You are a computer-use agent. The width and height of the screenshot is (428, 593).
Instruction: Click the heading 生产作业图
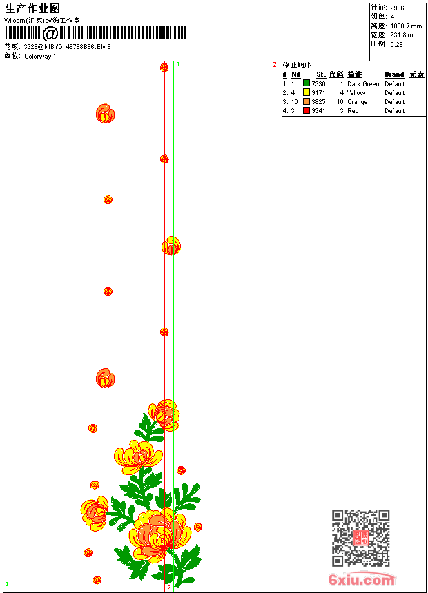click(x=32, y=9)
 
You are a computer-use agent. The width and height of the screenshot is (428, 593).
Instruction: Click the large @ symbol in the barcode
click(x=50, y=33)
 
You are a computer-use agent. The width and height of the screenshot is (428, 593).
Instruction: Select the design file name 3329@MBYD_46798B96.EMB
click(x=67, y=46)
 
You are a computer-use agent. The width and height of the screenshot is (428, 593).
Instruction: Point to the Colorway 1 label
click(x=40, y=56)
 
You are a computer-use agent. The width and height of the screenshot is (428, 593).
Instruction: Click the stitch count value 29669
click(x=398, y=8)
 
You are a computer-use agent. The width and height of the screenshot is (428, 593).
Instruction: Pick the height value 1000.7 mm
click(x=405, y=26)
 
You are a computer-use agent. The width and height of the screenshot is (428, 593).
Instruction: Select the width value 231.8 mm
click(x=404, y=34)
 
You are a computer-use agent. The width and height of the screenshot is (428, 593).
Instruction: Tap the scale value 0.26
click(x=396, y=43)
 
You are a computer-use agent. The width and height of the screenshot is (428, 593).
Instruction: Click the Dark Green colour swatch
click(x=307, y=83)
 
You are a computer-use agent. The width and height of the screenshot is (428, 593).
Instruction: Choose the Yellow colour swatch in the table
click(x=307, y=92)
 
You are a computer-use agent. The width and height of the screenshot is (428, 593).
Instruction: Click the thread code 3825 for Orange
click(x=318, y=101)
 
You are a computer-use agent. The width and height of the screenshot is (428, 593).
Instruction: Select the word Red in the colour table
click(x=353, y=110)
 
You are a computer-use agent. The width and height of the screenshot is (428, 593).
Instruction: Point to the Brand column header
click(x=394, y=74)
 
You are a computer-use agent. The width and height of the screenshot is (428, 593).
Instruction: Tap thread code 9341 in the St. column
click(x=318, y=110)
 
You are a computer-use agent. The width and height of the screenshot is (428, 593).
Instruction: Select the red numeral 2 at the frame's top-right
click(x=274, y=64)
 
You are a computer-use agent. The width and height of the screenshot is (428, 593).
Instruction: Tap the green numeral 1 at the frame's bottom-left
click(x=8, y=583)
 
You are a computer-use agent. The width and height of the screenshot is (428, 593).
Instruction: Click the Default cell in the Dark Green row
click(x=394, y=83)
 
